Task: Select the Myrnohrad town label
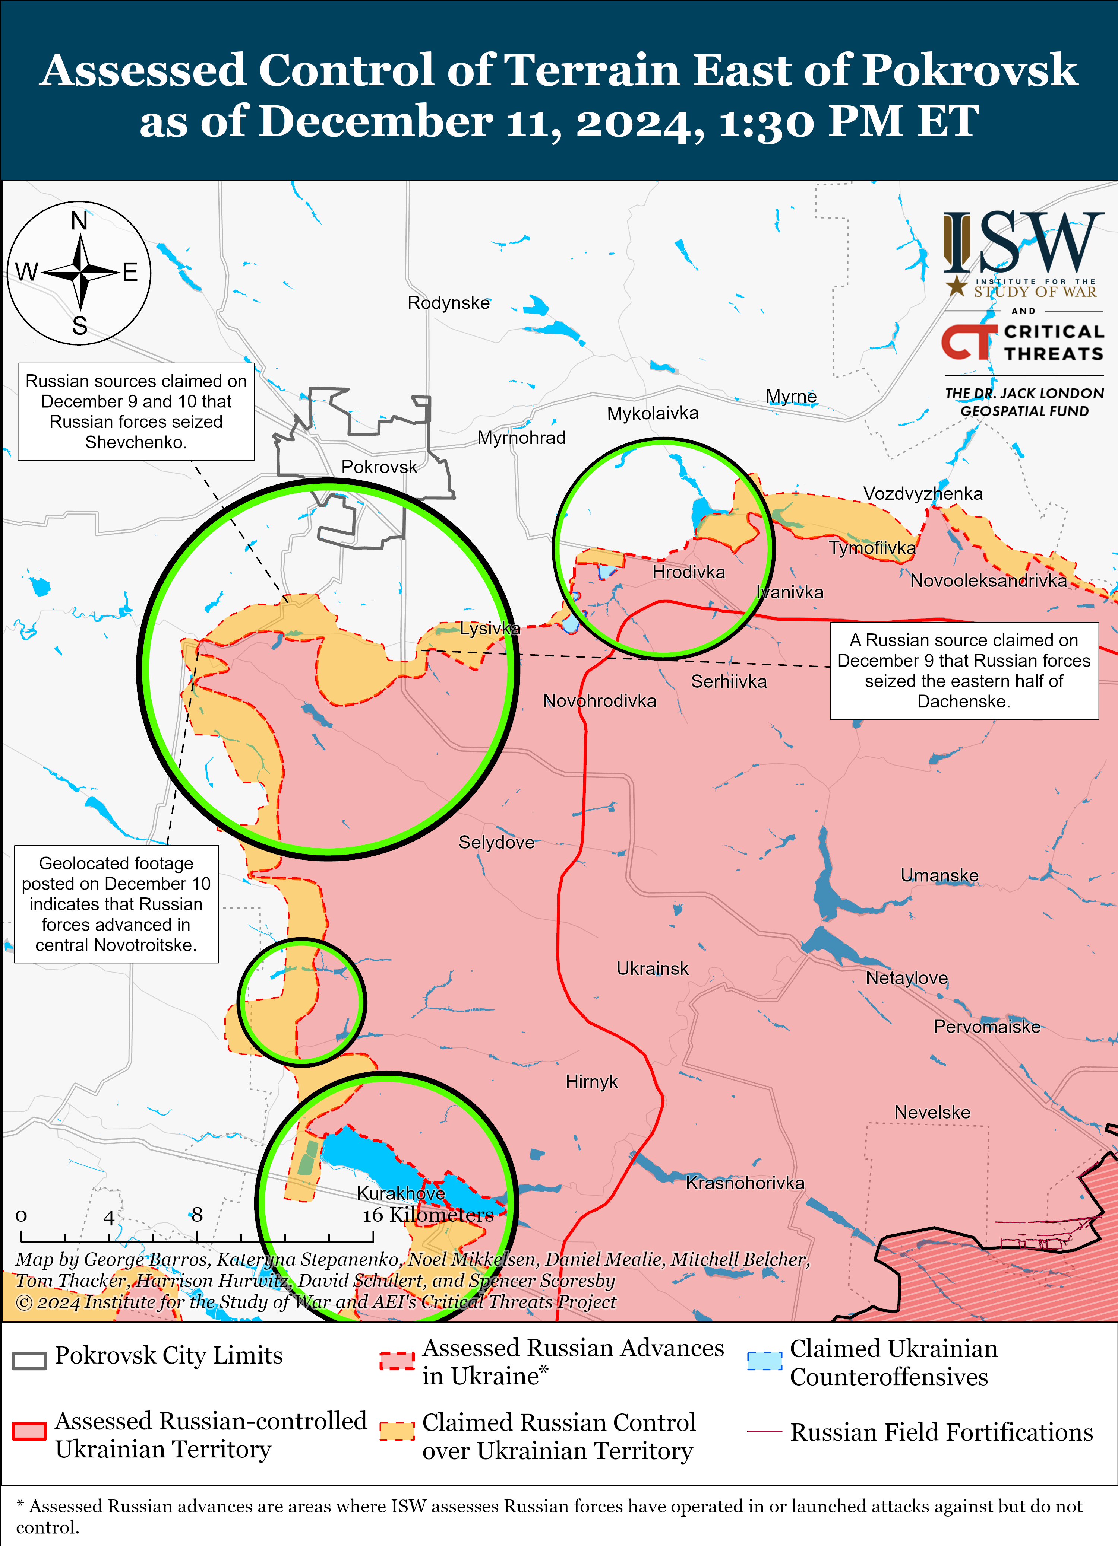coord(521,438)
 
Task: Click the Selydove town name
coord(496,843)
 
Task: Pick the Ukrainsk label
coord(652,968)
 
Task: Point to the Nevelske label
coord(932,1113)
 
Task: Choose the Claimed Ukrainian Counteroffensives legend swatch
coord(764,1361)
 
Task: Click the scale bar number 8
coord(197,1214)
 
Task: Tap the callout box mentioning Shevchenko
coord(136,412)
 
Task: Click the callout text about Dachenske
coord(963,671)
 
